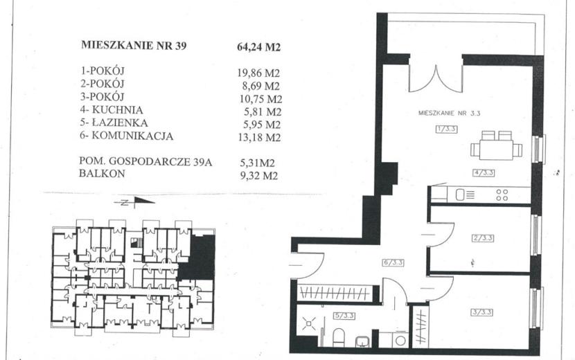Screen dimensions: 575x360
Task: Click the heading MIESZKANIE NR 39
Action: click(134, 45)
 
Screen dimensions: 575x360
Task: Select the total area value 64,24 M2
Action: click(259, 47)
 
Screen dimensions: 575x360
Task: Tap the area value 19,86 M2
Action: click(258, 73)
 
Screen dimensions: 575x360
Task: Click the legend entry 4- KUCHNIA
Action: click(112, 109)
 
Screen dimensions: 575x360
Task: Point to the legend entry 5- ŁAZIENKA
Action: click(114, 123)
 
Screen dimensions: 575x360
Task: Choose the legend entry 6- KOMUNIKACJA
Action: click(126, 136)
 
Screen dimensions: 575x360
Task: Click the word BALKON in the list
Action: click(102, 173)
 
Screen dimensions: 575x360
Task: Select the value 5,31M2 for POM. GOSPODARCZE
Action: click(258, 163)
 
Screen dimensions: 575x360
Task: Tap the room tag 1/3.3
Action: click(447, 129)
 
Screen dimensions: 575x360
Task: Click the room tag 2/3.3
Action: click(483, 238)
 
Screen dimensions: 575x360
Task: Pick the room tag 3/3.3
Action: click(482, 312)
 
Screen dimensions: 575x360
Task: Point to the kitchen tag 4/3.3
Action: click(484, 172)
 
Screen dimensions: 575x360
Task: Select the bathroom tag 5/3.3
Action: click(344, 315)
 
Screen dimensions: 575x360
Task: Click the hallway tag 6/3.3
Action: click(393, 262)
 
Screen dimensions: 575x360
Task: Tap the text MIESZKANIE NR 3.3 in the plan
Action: click(449, 114)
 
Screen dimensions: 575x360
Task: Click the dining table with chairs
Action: click(496, 145)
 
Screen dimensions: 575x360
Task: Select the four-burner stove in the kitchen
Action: click(502, 195)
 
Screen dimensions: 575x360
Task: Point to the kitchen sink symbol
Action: click(465, 195)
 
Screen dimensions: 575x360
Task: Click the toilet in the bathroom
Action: click(339, 338)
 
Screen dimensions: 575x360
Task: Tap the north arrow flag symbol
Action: click(144, 200)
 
